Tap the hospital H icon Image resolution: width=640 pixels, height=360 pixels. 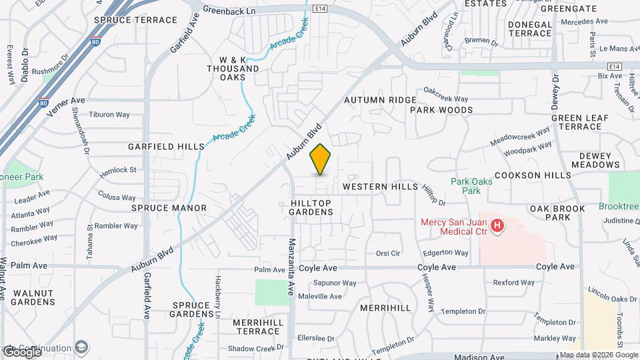tap(497, 227)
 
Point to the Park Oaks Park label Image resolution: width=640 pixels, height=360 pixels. tap(466, 185)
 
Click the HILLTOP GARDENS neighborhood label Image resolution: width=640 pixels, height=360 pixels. tap(311, 207)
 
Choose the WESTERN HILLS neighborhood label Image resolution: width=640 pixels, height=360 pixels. tap(380, 187)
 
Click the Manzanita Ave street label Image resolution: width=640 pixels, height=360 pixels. tap(291, 267)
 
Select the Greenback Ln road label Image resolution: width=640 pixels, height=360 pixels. tap(229, 10)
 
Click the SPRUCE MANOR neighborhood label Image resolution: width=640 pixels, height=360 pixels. tap(169, 208)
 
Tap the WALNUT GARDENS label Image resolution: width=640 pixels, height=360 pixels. tap(33, 297)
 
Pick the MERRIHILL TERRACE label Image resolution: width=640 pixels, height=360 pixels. tap(258, 327)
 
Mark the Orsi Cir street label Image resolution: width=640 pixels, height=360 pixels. tap(387, 253)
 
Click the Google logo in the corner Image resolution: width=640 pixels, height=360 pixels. tap(21, 351)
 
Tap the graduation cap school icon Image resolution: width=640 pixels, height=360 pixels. tap(81, 347)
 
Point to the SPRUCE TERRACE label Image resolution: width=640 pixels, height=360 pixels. tap(135, 20)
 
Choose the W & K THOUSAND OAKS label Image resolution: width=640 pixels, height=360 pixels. tap(233, 68)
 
